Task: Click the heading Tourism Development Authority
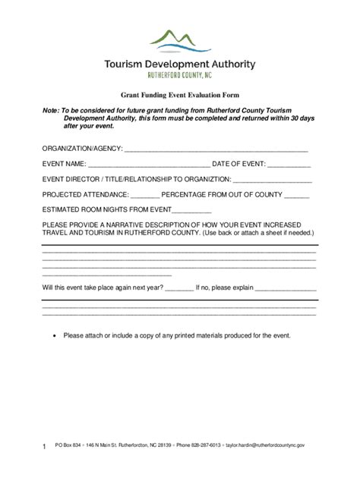180,64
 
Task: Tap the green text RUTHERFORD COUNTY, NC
179,76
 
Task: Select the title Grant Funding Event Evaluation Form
180,96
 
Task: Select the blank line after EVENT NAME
149,164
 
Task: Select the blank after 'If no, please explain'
286,289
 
